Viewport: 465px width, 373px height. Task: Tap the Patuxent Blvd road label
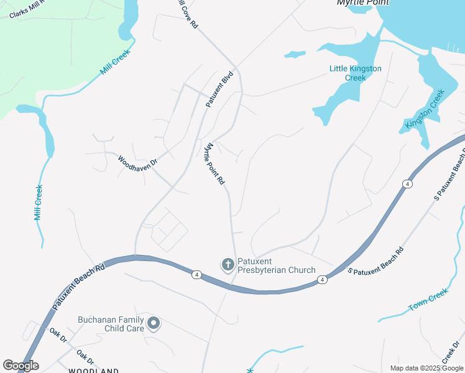[219, 91]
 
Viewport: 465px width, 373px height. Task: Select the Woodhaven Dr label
[138, 168]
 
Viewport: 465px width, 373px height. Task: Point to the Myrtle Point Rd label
[214, 164]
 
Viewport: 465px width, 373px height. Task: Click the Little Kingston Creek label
[355, 73]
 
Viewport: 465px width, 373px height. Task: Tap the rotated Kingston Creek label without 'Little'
[425, 109]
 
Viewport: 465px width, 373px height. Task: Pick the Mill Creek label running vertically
[39, 203]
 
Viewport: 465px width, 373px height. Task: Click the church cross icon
[228, 265]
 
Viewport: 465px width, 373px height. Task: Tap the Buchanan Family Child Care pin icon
[154, 323]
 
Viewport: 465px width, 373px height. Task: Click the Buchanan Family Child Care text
[111, 324]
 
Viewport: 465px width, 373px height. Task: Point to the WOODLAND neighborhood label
[93, 371]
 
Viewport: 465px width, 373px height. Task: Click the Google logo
[21, 366]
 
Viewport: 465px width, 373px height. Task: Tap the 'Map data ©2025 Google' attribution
[427, 368]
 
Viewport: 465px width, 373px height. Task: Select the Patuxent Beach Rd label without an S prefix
[78, 284]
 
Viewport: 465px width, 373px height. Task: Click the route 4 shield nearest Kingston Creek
[407, 184]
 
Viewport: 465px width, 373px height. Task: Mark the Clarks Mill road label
[27, 11]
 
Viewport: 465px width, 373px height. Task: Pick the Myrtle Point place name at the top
[362, 2]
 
